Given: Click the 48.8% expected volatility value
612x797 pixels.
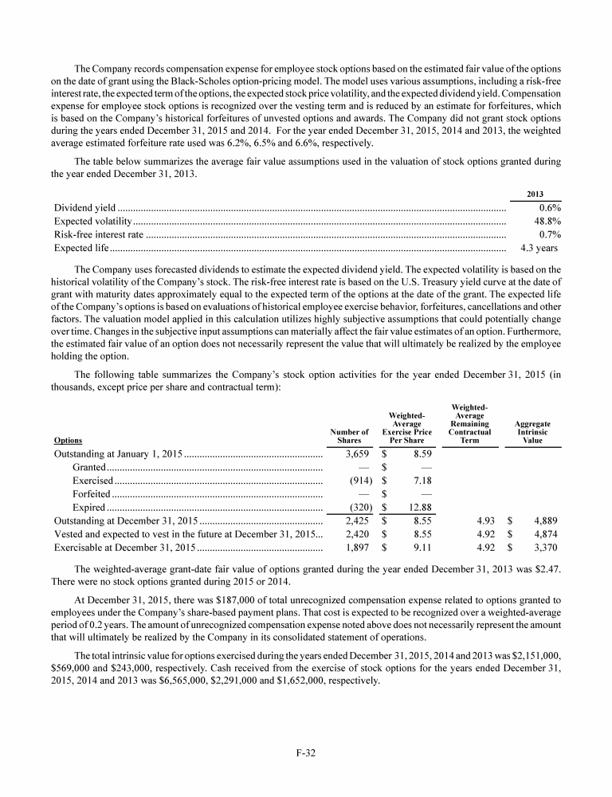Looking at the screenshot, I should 547,222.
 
